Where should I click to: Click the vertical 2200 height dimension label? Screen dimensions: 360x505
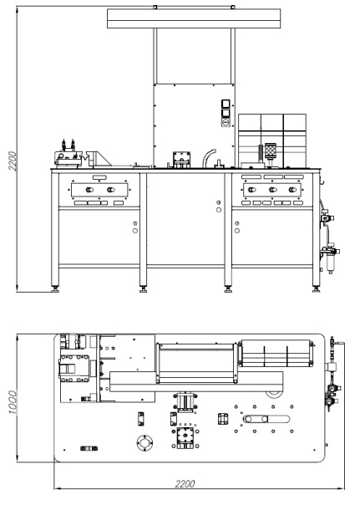pos(13,161)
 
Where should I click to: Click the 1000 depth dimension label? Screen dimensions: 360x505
pos(13,402)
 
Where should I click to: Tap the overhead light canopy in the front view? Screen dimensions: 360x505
pos(194,18)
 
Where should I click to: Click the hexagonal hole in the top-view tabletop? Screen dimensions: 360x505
pos(145,443)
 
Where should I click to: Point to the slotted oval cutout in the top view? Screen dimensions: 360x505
pos(266,419)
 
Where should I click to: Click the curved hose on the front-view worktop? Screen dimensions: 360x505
pos(208,157)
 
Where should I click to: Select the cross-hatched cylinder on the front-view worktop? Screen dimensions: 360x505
pos(271,150)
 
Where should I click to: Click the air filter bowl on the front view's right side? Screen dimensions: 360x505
pos(331,263)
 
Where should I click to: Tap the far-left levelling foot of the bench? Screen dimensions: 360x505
pos(56,289)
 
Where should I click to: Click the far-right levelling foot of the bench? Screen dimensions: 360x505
pos(317,289)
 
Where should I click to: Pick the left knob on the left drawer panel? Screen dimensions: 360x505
pos(89,190)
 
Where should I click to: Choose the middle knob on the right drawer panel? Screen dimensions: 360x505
pos(272,190)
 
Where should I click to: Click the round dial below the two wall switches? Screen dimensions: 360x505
pos(226,122)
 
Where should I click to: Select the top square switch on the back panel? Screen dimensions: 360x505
pos(226,104)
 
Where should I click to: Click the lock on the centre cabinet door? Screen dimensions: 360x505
pos(219,207)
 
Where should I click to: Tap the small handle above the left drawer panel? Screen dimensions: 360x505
pos(99,177)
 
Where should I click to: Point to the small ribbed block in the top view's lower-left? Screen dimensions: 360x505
pos(89,448)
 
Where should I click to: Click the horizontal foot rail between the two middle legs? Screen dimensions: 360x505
pos(185,267)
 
